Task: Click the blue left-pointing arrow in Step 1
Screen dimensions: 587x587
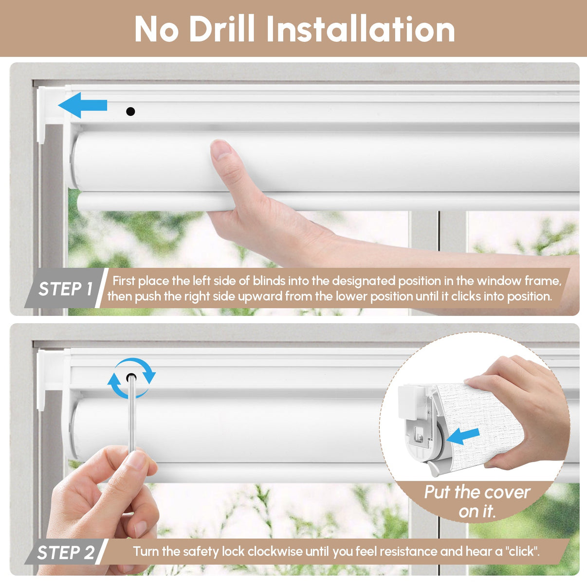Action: pos(83,106)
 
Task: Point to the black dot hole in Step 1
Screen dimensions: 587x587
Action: pos(130,111)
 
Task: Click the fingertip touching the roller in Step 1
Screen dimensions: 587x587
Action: pos(221,149)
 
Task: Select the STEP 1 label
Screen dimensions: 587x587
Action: pos(65,289)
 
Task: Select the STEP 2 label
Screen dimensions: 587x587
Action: pos(65,552)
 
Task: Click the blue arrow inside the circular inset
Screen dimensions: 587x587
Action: pos(463,436)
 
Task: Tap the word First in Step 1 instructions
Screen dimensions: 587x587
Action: pos(124,280)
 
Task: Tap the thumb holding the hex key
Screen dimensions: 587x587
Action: pos(136,475)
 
